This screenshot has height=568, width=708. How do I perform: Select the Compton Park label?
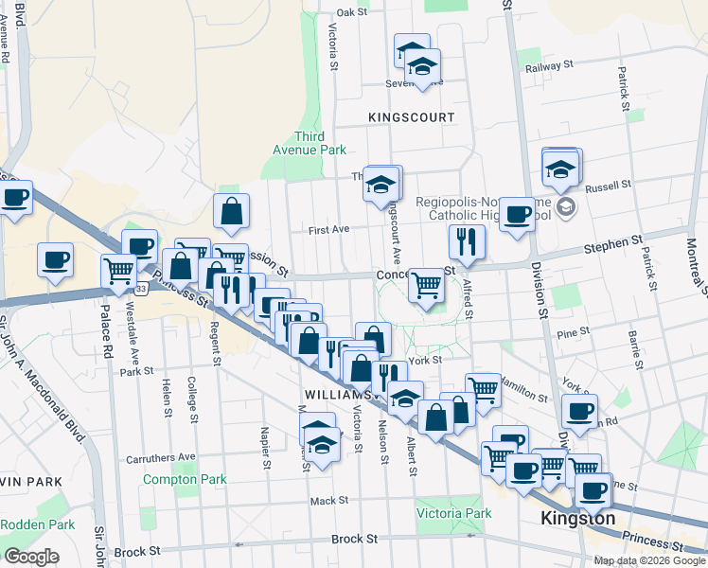pos(185,479)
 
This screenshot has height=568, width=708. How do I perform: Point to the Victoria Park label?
pos(453,514)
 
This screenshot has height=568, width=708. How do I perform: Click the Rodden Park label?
pos(37,524)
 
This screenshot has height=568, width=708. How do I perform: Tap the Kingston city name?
pos(576,519)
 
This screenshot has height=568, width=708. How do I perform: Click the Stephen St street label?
pos(619,243)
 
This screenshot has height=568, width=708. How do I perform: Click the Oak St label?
pos(351,12)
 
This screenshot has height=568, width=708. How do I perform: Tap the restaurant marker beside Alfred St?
pos(467,242)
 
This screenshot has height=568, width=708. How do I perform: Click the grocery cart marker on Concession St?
pos(427,285)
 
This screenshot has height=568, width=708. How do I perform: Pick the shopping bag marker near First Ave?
pos(232,212)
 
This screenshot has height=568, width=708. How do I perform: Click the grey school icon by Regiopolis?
pos(565,207)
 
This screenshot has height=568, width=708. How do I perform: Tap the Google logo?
pos(31,557)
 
